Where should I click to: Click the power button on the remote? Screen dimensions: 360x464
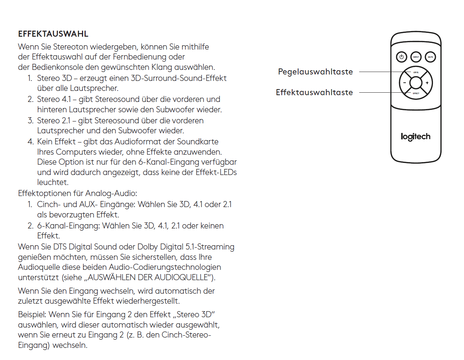coord(402,57)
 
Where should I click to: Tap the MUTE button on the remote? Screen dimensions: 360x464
coord(430,57)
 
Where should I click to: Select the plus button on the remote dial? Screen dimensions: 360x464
coord(427,83)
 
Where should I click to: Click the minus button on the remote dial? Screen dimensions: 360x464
coord(404,83)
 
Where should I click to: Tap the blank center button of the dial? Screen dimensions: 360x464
coord(416,83)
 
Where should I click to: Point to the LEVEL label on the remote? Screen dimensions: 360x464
coord(416,72)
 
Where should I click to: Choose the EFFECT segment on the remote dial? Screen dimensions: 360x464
coord(416,93)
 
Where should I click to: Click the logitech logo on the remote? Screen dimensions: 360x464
coord(415,137)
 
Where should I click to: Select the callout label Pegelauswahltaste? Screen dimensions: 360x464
coord(315,72)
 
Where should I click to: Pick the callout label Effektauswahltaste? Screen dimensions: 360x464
coord(314,93)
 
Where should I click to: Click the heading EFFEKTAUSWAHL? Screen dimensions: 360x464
coord(53,34)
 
